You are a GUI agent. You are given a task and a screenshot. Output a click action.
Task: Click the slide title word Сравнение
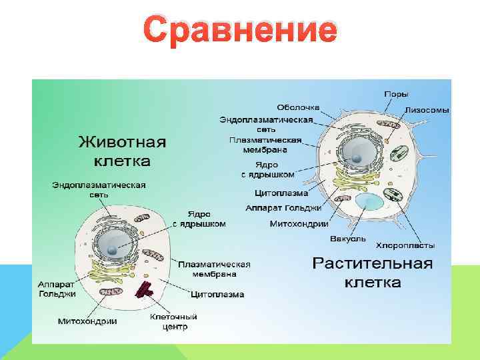[x=240, y=31]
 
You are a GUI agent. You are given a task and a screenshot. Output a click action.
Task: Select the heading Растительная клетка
[x=373, y=273]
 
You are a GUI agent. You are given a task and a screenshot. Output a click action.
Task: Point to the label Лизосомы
[x=427, y=109]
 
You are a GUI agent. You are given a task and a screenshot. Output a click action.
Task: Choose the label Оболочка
[x=299, y=107]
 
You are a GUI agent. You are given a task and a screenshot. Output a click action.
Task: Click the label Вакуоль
[x=348, y=239]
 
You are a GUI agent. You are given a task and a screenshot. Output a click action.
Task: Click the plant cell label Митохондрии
[x=297, y=223]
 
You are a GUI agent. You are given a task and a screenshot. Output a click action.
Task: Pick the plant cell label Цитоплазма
[x=281, y=193]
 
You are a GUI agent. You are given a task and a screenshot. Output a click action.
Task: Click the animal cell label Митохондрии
[x=87, y=321]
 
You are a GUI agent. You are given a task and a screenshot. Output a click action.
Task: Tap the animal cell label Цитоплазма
[x=217, y=294]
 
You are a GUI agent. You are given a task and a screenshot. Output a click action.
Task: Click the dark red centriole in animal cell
[x=145, y=289]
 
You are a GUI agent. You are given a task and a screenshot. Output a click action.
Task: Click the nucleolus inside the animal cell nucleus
[x=115, y=251]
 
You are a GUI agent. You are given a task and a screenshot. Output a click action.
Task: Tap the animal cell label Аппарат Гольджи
[x=57, y=289]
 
